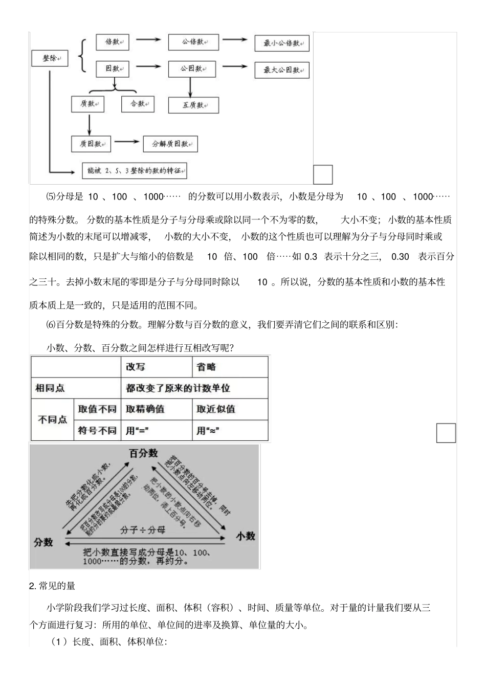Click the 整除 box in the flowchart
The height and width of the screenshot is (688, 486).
50,58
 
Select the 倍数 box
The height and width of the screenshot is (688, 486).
113,42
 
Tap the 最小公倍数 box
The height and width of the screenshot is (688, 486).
282,43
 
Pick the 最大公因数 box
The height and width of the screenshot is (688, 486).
282,70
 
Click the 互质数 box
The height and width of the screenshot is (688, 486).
193,105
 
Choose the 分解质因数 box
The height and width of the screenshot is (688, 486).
170,144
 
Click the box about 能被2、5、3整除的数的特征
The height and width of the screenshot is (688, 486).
135,171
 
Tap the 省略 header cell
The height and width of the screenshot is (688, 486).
230,367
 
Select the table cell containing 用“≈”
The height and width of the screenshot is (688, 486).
230,431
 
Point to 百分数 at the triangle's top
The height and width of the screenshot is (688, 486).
144,454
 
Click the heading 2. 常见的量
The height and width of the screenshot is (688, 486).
52,586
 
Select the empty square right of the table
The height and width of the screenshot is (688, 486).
446,433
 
